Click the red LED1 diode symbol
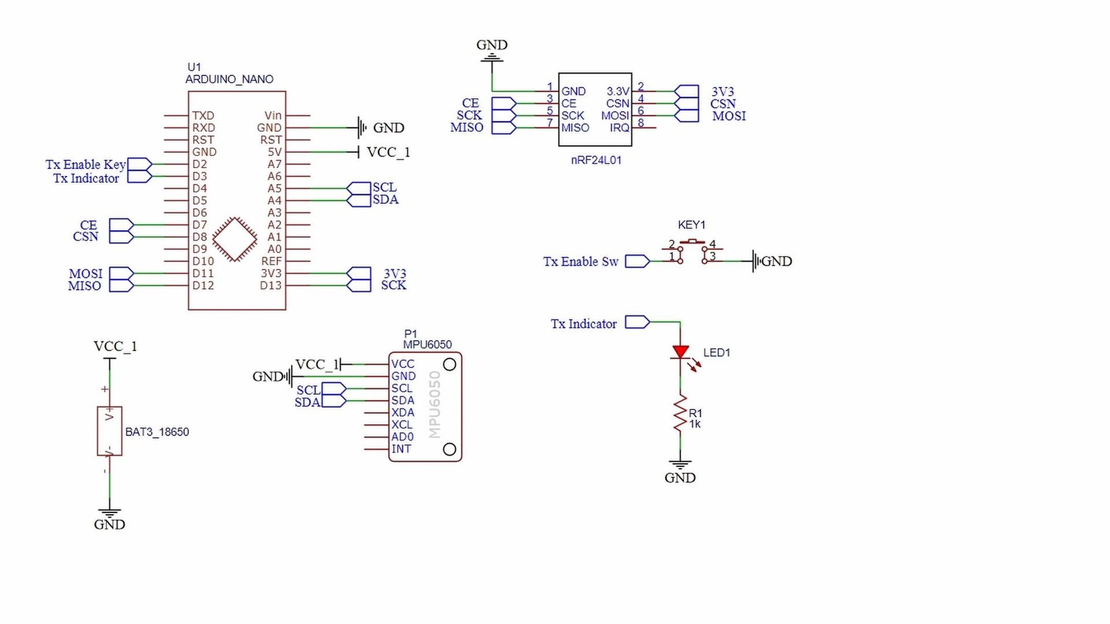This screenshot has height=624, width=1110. (x=681, y=352)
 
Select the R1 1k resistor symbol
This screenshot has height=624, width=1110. (x=681, y=414)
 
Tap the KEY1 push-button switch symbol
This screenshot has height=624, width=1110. (x=692, y=250)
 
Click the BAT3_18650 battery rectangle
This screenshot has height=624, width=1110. (x=110, y=431)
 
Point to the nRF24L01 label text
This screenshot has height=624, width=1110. (x=596, y=160)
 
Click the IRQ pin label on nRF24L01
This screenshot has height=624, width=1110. (x=619, y=128)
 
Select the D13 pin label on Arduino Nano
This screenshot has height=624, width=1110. (x=271, y=285)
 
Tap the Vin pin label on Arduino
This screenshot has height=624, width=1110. (x=273, y=115)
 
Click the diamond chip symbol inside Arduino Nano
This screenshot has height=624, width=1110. (x=235, y=239)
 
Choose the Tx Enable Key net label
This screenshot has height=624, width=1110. (x=85, y=165)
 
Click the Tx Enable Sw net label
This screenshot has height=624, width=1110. (x=581, y=261)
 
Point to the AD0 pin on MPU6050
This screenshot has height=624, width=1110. (x=402, y=437)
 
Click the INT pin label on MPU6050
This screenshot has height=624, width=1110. (x=401, y=449)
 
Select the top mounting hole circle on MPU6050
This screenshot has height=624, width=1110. (x=449, y=364)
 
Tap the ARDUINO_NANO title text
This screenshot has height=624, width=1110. (x=229, y=79)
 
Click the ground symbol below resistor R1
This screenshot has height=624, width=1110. (x=680, y=466)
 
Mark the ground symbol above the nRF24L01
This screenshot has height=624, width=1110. (x=492, y=58)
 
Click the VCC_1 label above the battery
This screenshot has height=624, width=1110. (x=115, y=346)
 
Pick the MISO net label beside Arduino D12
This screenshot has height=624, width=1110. (x=84, y=286)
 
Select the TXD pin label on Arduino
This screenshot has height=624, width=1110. (x=203, y=115)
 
